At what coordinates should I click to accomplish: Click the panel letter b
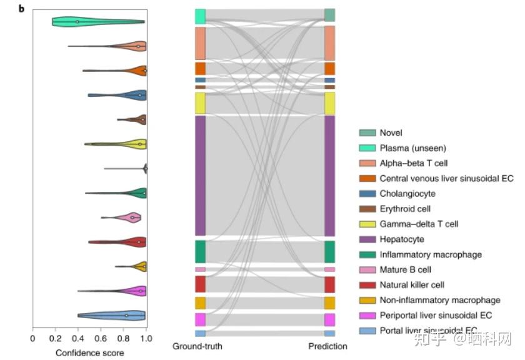[x=22, y=9]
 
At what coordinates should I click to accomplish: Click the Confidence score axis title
[x=90, y=352]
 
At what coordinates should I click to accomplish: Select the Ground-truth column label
[x=197, y=346]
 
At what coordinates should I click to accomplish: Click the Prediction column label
[x=328, y=346]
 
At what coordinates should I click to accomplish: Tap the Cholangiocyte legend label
[x=407, y=194]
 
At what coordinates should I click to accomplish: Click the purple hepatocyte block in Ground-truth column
[x=200, y=175]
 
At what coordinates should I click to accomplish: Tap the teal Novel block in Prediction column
[x=330, y=15]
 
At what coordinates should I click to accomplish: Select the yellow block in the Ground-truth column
[x=200, y=102]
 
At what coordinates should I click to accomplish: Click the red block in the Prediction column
[x=330, y=284]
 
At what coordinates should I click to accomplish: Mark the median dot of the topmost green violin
[x=77, y=22]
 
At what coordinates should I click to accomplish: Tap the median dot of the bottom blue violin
[x=126, y=316]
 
